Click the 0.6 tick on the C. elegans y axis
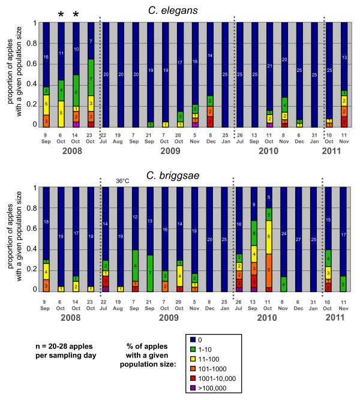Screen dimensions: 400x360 pos(34,65)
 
